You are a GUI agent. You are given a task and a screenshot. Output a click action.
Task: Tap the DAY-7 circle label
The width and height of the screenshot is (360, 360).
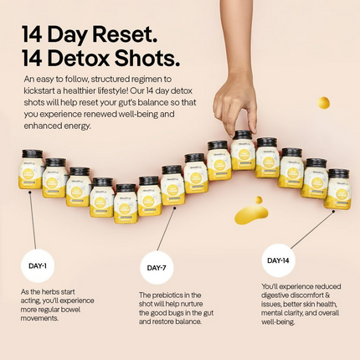click(157, 268)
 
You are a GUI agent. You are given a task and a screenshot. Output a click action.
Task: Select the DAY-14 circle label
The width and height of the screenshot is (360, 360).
click(280, 260)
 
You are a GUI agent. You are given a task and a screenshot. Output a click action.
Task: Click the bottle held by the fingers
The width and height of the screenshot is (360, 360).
click(243, 152)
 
